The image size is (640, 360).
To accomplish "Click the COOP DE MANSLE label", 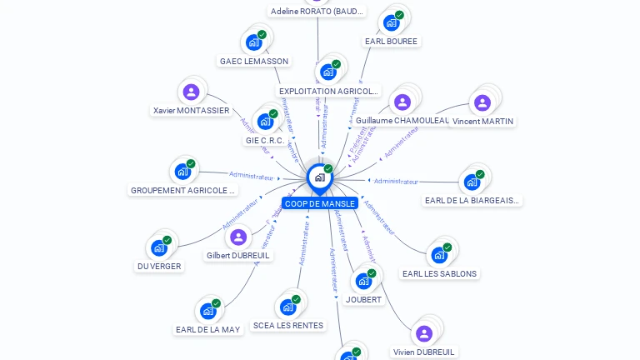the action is [x=320, y=203].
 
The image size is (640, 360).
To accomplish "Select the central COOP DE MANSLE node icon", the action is [x=318, y=177].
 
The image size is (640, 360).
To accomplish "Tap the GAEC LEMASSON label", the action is [x=254, y=61].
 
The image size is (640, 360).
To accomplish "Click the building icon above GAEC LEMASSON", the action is [x=254, y=42].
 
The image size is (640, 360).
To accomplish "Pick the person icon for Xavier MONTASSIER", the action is [x=192, y=92].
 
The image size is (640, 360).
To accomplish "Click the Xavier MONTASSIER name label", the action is [x=192, y=110].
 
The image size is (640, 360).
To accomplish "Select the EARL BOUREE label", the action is [x=392, y=41].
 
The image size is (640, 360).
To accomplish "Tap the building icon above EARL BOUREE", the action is [x=391, y=22].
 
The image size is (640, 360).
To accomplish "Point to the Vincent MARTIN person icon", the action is [x=482, y=102].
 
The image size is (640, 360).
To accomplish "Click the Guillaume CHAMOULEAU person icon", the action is [x=402, y=102].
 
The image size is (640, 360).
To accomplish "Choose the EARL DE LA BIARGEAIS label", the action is [x=473, y=200].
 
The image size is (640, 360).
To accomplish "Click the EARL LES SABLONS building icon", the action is [x=439, y=255].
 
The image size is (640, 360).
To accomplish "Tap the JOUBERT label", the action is [x=363, y=299].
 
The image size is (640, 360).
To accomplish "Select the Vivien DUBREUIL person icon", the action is [x=424, y=333].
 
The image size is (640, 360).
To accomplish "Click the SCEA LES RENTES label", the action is [x=288, y=326].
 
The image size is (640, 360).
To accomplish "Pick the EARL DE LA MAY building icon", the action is [x=208, y=311].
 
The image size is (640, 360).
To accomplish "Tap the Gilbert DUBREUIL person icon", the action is [x=238, y=237].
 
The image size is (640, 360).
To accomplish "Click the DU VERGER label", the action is [x=159, y=267].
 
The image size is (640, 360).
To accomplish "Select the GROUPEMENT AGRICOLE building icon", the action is [x=182, y=172].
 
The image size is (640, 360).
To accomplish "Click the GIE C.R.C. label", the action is [x=265, y=140].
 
